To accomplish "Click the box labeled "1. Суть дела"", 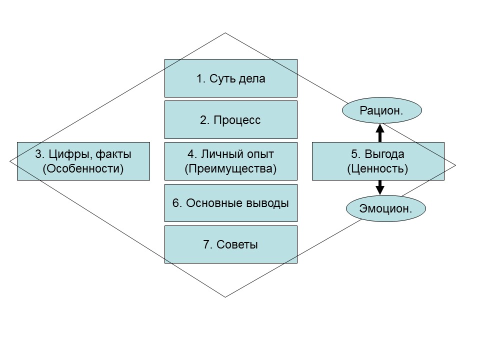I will [x=230, y=78].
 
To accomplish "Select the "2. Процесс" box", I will [x=230, y=120].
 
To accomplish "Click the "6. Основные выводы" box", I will [x=230, y=203].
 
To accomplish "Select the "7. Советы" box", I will [x=230, y=244].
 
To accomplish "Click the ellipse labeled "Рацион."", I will [x=381, y=110].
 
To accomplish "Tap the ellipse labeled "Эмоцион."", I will [x=386, y=209].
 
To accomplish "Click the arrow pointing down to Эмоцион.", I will [x=379, y=187].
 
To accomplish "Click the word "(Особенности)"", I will [x=83, y=168].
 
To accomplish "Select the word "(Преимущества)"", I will [x=230, y=168].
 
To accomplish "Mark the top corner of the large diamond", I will [x=225, y=33].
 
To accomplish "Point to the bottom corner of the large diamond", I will [x=225, y=297].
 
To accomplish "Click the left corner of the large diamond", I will [x=10, y=161].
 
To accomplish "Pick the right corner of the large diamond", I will [x=456, y=165].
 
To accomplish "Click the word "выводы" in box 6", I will [x=266, y=203].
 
